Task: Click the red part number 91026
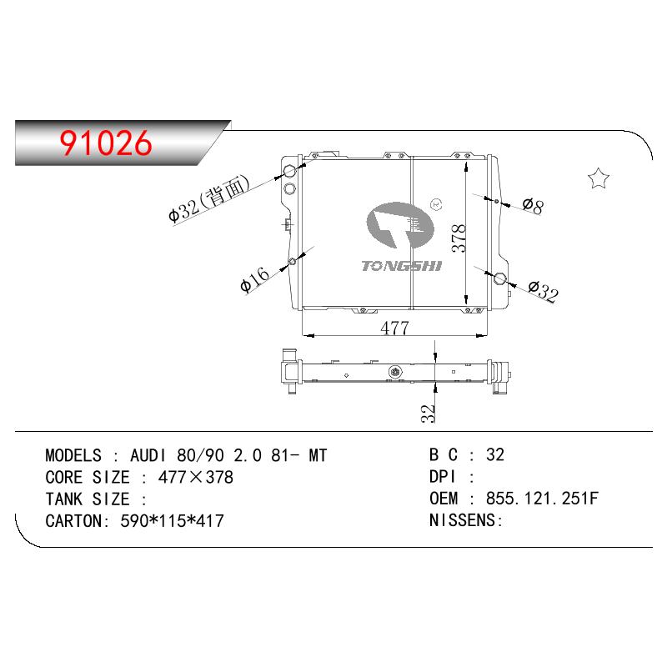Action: (x=106, y=143)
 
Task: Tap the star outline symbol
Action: (x=598, y=178)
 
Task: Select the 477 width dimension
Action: (x=394, y=328)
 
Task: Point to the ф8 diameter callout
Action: (x=533, y=206)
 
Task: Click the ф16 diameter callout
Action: (x=254, y=279)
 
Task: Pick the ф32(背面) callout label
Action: (x=208, y=198)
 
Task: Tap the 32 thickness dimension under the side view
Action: (x=429, y=413)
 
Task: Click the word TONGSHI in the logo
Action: (x=402, y=266)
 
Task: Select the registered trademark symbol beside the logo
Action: (x=436, y=204)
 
